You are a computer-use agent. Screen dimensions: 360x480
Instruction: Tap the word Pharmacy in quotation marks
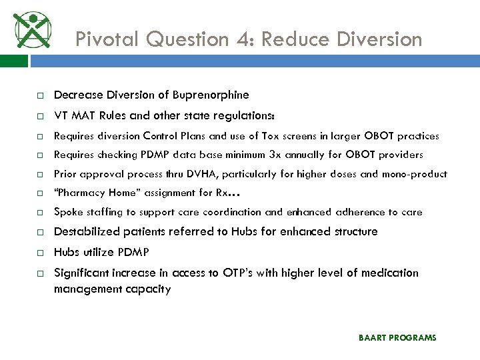(78, 193)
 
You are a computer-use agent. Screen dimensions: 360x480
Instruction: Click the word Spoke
(67, 213)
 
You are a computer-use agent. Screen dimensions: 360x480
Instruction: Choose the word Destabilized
(85, 232)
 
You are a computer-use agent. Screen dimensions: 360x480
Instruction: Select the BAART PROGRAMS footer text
(397, 338)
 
